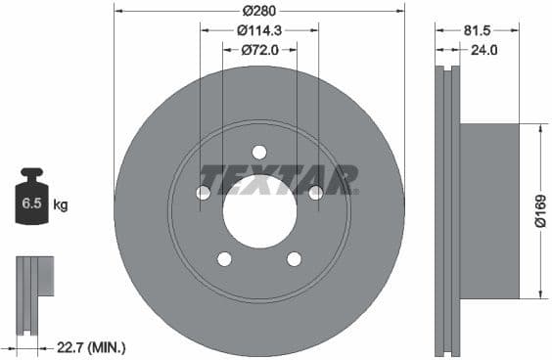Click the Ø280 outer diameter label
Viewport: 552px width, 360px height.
259,11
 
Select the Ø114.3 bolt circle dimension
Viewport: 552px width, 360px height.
259,29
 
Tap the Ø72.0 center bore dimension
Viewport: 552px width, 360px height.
259,48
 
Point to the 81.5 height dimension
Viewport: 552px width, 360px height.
480,29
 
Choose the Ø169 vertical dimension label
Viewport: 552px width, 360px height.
539,209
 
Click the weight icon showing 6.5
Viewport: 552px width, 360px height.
31,202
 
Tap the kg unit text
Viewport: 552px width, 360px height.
61,205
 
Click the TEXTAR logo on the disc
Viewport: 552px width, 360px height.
278,181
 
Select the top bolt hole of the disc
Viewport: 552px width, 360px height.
259,152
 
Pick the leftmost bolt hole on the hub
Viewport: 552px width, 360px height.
204,193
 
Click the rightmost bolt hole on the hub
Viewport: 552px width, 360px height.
315,193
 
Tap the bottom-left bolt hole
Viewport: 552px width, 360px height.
224,258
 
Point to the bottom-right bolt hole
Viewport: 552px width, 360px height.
294,258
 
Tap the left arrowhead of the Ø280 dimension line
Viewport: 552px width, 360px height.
118,11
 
